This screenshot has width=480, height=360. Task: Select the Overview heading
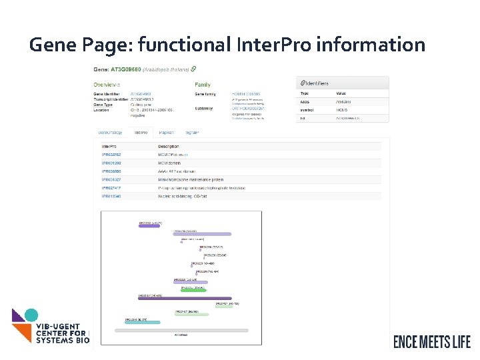click(106, 85)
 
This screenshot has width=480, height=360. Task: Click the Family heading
click(203, 85)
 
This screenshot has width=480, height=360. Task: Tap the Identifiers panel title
click(317, 83)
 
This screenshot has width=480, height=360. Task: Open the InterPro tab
click(141, 133)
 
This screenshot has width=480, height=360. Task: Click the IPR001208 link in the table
click(111, 163)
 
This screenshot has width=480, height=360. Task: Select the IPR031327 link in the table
click(111, 179)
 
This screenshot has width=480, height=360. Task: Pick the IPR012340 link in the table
click(111, 197)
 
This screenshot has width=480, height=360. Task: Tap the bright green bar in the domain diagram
click(193, 291)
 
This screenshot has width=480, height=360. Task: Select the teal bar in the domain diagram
click(143, 322)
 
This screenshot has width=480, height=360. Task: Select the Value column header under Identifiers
click(341, 93)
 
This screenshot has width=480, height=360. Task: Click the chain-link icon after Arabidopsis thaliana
click(193, 68)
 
